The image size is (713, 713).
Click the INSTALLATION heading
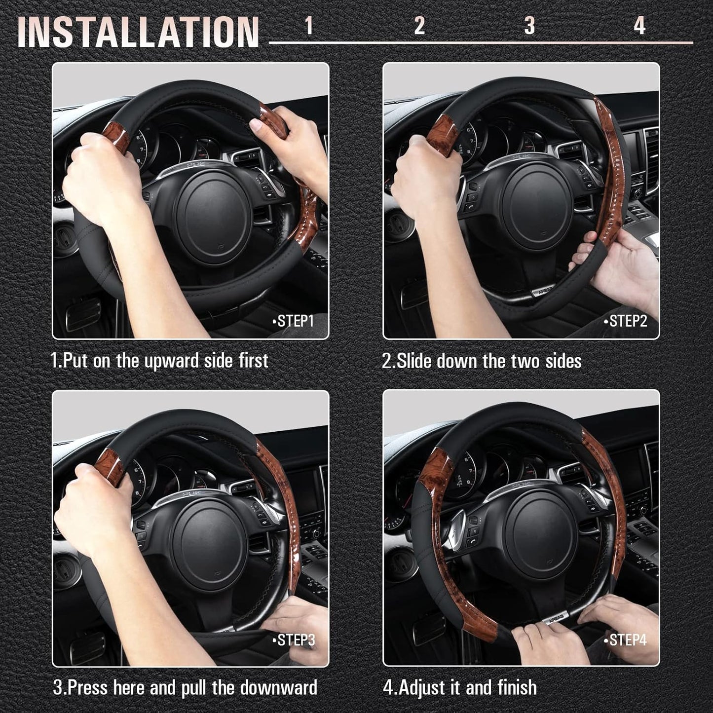(x=138, y=32)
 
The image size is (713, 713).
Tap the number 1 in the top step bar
(x=309, y=26)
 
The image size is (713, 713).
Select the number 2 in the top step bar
(x=419, y=26)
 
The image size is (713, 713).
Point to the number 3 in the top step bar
(x=529, y=26)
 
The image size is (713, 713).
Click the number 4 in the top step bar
(x=639, y=26)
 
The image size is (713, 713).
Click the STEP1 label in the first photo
(x=295, y=321)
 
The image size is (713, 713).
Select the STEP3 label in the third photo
(x=295, y=640)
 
